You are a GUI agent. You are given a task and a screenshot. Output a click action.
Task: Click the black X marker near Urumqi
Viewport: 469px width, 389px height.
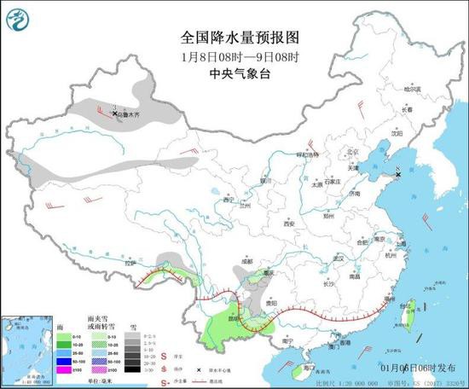pyautogui.click(x=115, y=113)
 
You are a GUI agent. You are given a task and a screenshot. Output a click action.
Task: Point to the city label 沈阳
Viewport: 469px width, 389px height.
pyautogui.click(x=396, y=133)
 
